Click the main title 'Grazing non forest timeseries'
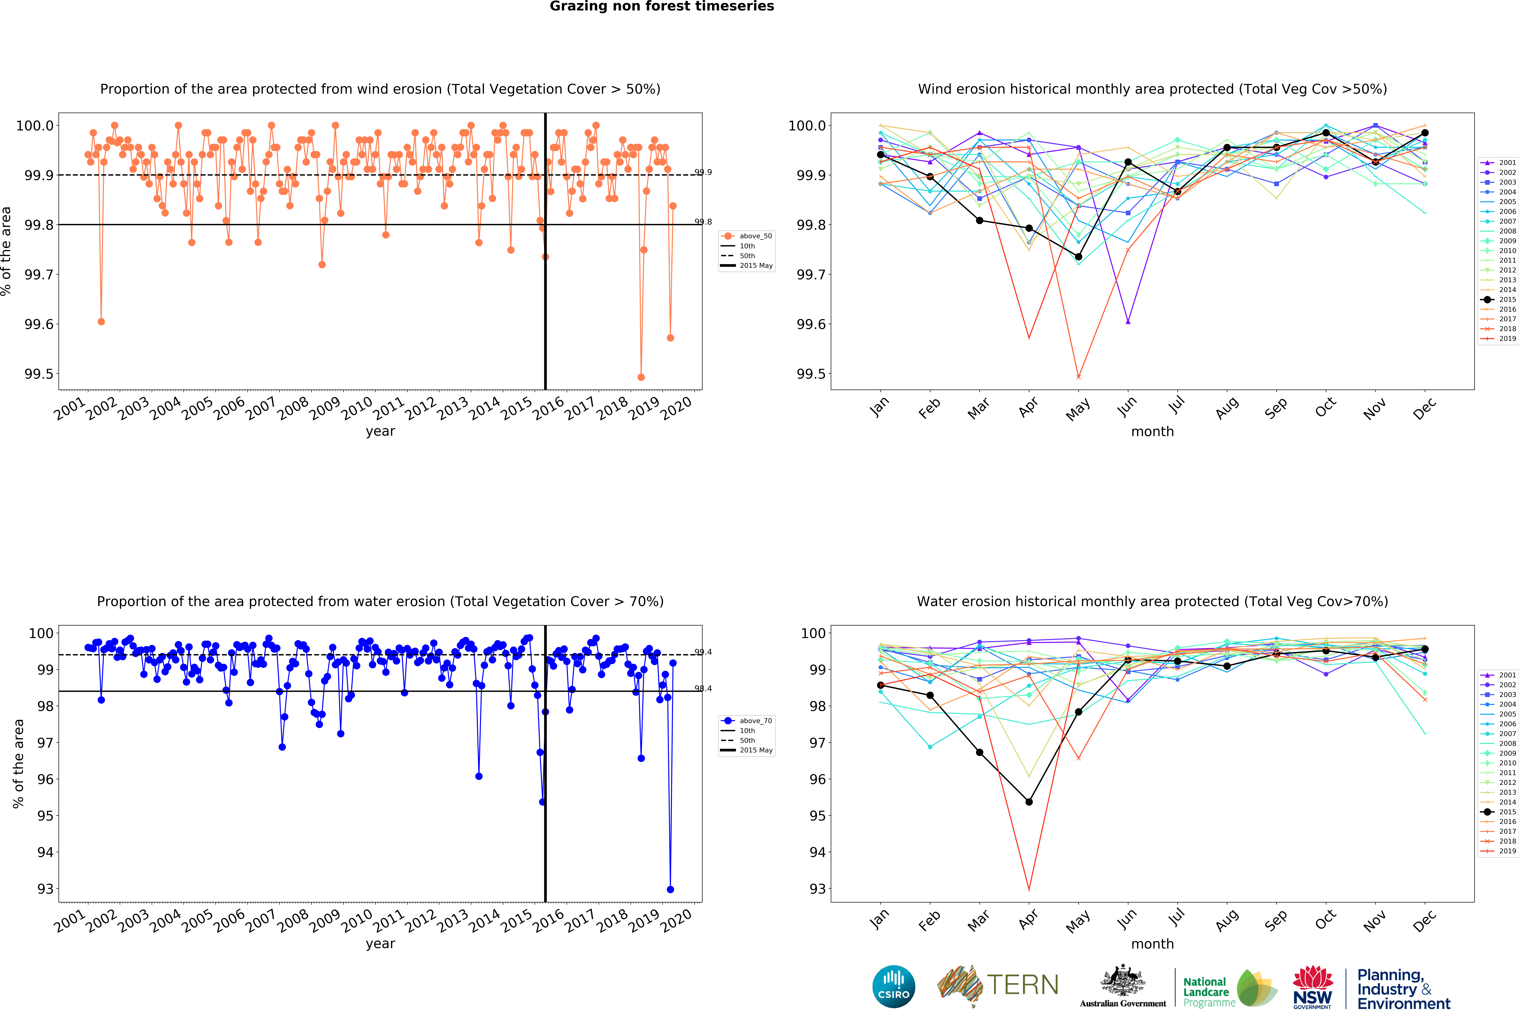(x=661, y=7)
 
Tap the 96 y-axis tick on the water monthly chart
(x=817, y=779)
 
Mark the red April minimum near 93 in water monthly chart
(x=1029, y=889)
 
